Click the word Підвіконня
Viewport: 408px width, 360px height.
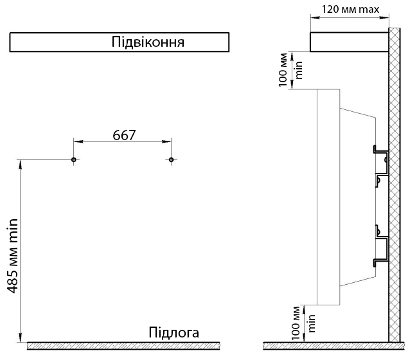point(148,42)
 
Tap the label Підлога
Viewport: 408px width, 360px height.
point(174,332)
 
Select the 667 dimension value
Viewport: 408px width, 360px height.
point(124,135)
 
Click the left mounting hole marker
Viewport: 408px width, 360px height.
point(74,159)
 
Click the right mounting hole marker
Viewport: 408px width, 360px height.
point(171,159)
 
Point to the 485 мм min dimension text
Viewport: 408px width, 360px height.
point(12,256)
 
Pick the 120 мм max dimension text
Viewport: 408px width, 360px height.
point(351,10)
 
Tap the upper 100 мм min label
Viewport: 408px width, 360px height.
point(290,70)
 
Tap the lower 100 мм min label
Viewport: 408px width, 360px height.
point(303,323)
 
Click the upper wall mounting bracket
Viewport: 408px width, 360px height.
point(382,166)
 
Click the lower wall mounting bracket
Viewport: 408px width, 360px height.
point(382,246)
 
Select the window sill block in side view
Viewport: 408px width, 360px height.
point(349,42)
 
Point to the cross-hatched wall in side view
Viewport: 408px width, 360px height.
point(395,184)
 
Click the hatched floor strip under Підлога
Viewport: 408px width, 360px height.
point(123,346)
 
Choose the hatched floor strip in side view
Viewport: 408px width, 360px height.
point(334,346)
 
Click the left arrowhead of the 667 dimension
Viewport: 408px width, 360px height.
point(78,141)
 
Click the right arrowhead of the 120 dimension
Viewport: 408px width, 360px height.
point(384,18)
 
